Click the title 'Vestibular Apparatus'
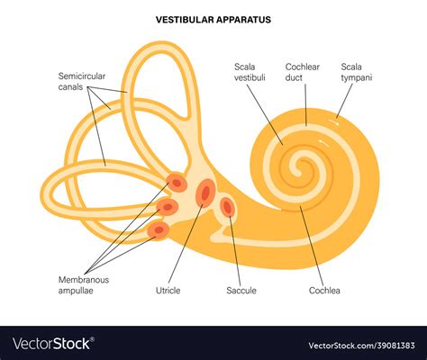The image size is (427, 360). [x=213, y=20]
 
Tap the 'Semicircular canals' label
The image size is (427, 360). [x=82, y=81]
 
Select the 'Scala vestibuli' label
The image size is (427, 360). [x=250, y=72]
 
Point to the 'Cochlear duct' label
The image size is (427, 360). [x=302, y=72]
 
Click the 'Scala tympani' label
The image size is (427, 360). [x=357, y=72]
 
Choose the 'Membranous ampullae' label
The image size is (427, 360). [x=84, y=285]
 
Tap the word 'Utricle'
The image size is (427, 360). [x=168, y=291]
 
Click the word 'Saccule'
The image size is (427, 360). [x=241, y=291]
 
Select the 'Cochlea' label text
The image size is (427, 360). [x=324, y=291]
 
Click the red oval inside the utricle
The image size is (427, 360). [x=205, y=193]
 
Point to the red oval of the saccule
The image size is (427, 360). [x=228, y=207]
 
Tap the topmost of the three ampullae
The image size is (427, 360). [x=177, y=182]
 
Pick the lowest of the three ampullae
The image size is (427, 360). [x=159, y=229]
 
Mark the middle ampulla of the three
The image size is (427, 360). [x=168, y=207]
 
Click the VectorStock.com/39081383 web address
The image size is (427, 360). [x=361, y=346]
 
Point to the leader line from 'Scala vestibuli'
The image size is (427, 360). [x=265, y=114]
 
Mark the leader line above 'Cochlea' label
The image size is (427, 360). [x=311, y=246]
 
